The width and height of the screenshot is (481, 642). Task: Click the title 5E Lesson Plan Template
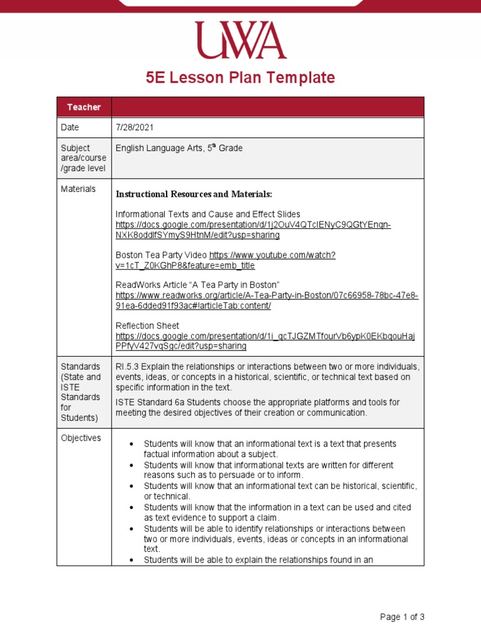(x=240, y=78)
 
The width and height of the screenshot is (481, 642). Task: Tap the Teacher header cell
(x=84, y=107)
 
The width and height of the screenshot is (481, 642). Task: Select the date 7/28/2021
(x=135, y=127)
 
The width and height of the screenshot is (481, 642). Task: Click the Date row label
(x=70, y=127)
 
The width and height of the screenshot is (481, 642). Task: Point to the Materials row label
(x=78, y=189)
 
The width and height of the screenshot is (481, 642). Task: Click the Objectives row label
(x=80, y=438)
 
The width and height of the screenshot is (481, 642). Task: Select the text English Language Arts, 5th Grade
(x=179, y=149)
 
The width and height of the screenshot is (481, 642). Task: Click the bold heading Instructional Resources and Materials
(x=194, y=194)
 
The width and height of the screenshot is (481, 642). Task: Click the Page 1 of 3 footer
(x=402, y=617)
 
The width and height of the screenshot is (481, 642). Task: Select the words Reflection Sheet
(x=147, y=326)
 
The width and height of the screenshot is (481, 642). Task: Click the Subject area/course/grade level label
(x=83, y=158)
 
